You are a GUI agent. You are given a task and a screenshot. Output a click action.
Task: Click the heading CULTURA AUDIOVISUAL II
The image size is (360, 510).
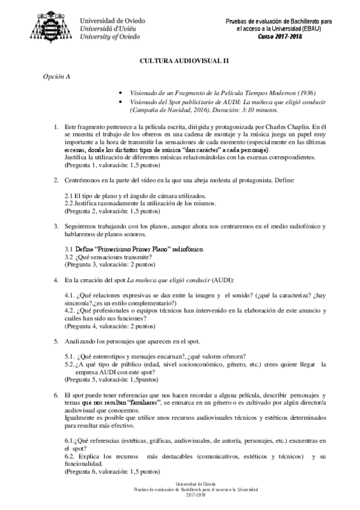click(x=180, y=61)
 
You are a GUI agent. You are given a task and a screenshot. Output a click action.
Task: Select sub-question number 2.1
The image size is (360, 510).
click(x=69, y=196)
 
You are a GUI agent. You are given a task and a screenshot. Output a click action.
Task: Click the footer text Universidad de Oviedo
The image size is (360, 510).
click(x=180, y=484)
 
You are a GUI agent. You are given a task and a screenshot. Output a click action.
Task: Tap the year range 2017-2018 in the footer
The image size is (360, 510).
click(x=180, y=495)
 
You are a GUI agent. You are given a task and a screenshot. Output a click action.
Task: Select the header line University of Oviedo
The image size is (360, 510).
click(x=111, y=36)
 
